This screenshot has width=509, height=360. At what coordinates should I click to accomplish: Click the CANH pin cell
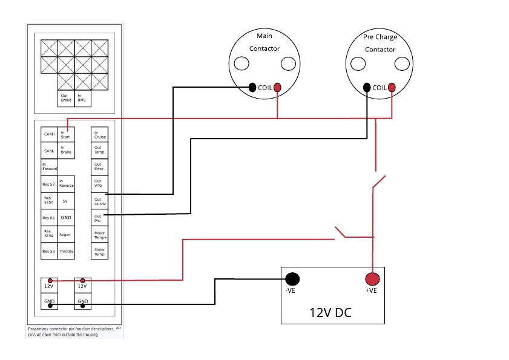[49, 134]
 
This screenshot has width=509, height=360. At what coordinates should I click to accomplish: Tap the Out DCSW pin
[99, 201]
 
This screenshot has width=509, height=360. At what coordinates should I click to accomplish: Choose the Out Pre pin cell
[99, 217]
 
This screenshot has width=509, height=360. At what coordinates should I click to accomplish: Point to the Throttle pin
[66, 251]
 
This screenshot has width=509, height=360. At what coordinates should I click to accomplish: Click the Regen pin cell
[66, 234]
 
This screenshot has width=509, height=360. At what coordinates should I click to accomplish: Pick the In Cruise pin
[99, 134]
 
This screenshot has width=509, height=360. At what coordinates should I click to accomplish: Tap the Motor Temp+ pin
[99, 234]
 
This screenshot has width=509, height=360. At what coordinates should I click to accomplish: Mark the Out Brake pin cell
[65, 98]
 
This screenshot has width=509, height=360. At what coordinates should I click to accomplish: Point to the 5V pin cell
[65, 201]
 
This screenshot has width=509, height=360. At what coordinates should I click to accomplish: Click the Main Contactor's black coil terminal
[252, 88]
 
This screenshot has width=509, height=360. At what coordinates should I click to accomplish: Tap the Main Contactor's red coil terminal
[277, 88]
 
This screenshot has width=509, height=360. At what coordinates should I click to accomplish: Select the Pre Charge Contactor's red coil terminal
[392, 88]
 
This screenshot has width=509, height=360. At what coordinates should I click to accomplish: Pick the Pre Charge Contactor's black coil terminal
[367, 88]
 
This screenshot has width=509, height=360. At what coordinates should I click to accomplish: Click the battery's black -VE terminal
[292, 279]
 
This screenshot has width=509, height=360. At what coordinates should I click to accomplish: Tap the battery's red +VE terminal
[372, 279]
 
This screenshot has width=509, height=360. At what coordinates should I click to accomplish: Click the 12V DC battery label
[330, 313]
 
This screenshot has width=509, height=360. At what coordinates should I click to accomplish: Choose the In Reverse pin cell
[65, 184]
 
